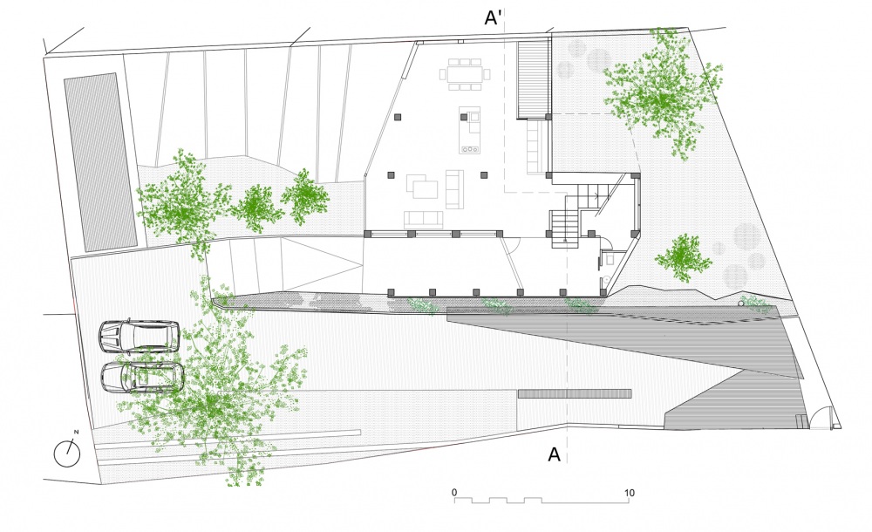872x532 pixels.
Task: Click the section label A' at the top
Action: [494, 17]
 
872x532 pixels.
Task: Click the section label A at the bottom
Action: [554, 454]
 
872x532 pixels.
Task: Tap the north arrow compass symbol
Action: [67, 453]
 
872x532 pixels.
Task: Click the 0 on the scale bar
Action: [454, 492]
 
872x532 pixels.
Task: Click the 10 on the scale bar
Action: [629, 493]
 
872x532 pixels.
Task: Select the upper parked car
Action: [139, 337]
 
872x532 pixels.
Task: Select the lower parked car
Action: [142, 378]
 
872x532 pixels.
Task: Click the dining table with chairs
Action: [465, 74]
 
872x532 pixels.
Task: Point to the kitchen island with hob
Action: [470, 130]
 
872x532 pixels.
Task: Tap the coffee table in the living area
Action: [425, 189]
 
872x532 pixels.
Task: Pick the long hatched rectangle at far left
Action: [100, 162]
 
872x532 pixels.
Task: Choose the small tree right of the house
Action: [683, 257]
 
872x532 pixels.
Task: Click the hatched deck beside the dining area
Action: [534, 79]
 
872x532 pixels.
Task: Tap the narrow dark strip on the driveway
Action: [575, 393]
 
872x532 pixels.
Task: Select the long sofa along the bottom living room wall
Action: [423, 219]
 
